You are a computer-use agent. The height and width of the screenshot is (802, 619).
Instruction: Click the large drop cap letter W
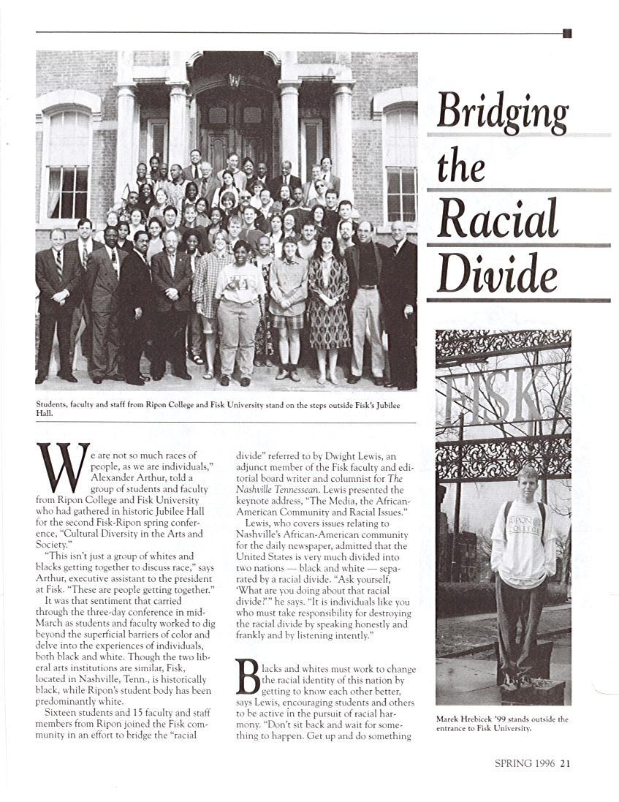(62, 468)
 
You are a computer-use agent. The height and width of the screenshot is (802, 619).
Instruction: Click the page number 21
(566, 764)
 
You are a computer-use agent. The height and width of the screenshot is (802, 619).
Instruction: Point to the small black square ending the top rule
(567, 33)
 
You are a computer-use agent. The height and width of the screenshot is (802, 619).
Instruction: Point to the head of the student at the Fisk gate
(526, 483)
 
